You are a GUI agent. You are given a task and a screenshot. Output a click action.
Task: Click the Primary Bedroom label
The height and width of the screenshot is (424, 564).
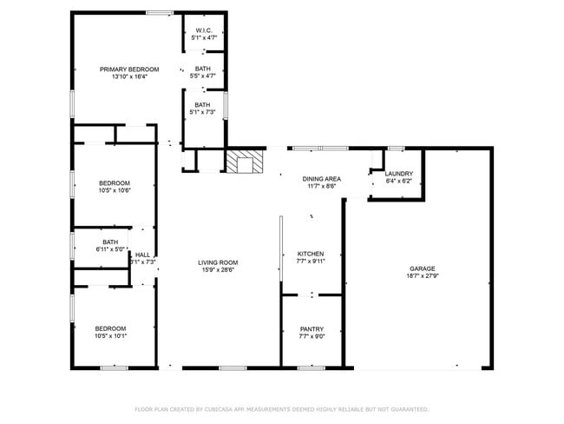coord(129,70)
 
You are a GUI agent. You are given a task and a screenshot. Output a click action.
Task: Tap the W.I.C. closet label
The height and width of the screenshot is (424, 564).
coord(204,30)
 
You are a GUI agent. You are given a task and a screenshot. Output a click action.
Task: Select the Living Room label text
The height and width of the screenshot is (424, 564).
coord(218,262)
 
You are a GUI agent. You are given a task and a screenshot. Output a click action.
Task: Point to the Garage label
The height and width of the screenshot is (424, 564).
coord(423,268)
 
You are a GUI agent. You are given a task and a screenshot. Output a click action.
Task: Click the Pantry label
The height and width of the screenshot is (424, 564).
coord(312,329)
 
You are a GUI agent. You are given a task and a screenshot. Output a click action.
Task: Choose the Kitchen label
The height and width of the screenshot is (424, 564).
coord(311,254)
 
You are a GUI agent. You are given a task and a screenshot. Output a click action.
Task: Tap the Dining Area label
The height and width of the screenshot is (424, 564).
coord(321,178)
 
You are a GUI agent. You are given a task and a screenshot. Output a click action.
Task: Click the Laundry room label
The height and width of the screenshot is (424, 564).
coord(398,174)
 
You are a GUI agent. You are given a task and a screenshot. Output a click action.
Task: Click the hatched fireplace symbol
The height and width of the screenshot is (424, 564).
coord(246,162)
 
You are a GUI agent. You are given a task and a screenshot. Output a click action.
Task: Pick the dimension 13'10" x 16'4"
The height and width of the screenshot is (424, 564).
coord(129,76)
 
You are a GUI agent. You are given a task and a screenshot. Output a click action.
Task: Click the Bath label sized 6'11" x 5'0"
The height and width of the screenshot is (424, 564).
coord(110,242)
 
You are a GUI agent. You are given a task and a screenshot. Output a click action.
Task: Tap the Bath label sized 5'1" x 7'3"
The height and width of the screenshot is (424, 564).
coord(202,105)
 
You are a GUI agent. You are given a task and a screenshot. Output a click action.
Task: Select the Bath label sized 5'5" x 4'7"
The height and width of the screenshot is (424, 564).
coord(202,69)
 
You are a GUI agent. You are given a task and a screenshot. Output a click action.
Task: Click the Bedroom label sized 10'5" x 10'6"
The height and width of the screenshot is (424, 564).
coord(114,182)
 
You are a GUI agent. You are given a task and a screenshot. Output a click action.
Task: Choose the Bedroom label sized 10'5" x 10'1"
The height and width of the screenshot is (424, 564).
coord(110,328)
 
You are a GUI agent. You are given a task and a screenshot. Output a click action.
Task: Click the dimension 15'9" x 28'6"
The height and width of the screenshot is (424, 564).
coord(218,269)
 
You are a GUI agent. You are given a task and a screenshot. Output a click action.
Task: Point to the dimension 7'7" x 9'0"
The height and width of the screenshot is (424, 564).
coord(312,336)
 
